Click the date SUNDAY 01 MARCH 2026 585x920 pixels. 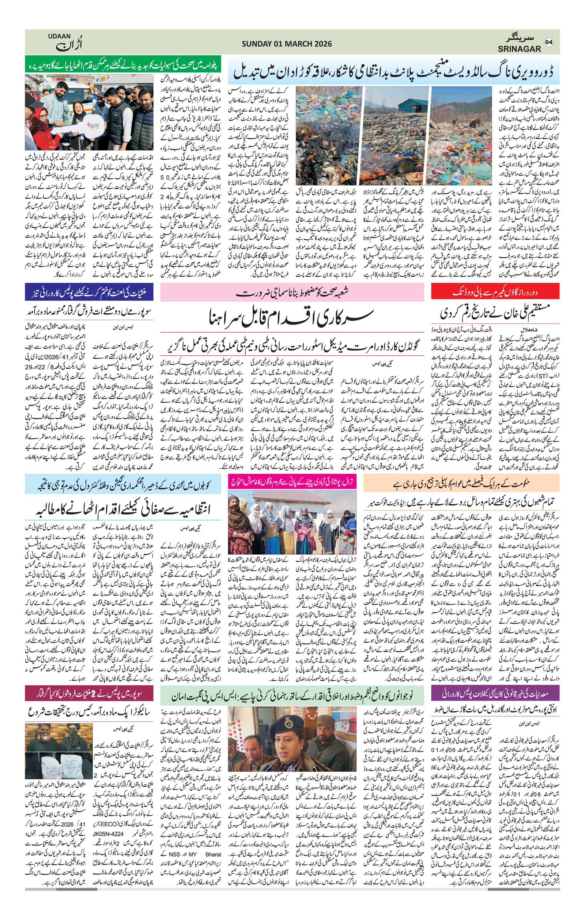tap(287, 44)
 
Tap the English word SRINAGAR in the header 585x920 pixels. tap(519, 49)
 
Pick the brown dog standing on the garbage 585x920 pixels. tap(474, 123)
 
